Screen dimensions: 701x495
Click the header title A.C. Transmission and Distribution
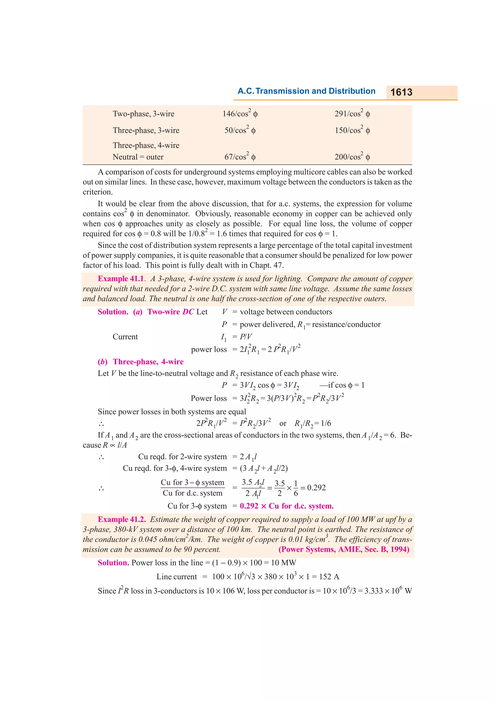306,91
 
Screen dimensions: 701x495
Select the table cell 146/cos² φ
240,114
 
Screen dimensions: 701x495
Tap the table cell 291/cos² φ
352,114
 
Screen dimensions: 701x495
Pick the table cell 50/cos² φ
240,130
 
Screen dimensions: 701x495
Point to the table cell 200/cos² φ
352,157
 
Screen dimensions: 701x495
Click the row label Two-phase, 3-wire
143,114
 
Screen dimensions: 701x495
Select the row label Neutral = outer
138,157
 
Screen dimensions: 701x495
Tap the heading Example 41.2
121,519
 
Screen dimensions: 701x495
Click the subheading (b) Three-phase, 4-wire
141,362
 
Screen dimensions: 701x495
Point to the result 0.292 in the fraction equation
316,488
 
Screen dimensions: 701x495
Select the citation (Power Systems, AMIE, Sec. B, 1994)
344,549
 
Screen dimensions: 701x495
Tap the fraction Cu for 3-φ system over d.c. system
192,488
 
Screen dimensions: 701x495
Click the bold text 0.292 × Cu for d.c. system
286,506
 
